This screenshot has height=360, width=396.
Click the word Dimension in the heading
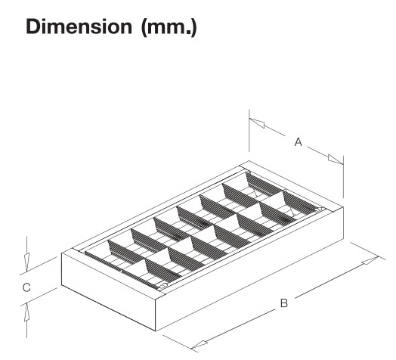pyautogui.click(x=79, y=26)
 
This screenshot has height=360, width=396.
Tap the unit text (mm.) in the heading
pyautogui.click(x=169, y=27)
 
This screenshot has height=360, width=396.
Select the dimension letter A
pyautogui.click(x=299, y=142)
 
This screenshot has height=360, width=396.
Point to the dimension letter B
pyautogui.click(x=284, y=303)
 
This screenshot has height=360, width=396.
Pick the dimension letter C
pyautogui.click(x=26, y=287)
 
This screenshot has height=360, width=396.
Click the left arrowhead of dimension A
pyautogui.click(x=257, y=123)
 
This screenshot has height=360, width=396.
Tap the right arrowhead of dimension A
pyautogui.click(x=336, y=160)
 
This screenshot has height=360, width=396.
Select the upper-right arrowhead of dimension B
pyautogui.click(x=370, y=260)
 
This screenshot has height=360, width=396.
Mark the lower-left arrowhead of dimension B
pyautogui.click(x=200, y=344)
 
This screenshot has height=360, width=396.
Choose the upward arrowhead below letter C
pyautogui.click(x=26, y=312)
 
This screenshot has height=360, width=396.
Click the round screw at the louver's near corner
pyautogui.click(x=164, y=286)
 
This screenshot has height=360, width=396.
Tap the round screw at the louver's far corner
pyautogui.click(x=320, y=209)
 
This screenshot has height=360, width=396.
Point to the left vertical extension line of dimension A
pyautogui.click(x=249, y=130)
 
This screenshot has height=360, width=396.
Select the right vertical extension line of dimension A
pyautogui.click(x=343, y=177)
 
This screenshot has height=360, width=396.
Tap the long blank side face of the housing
pyautogui.click(x=249, y=268)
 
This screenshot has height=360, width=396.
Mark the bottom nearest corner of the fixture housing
pyautogui.click(x=156, y=331)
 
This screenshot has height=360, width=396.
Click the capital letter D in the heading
pyautogui.click(x=33, y=26)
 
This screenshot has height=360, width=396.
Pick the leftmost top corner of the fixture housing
pyautogui.click(x=62, y=253)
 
